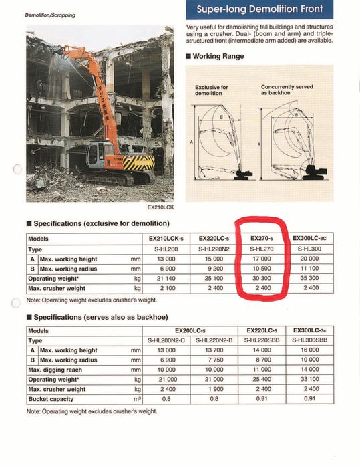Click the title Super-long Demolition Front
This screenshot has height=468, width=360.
click(x=260, y=9)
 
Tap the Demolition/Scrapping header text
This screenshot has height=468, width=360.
click(x=50, y=15)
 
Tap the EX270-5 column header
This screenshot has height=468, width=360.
click(x=262, y=237)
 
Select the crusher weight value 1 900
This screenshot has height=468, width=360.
click(x=214, y=389)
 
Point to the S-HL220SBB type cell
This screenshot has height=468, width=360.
click(x=262, y=340)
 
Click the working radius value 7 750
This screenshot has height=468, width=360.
click(x=214, y=360)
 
